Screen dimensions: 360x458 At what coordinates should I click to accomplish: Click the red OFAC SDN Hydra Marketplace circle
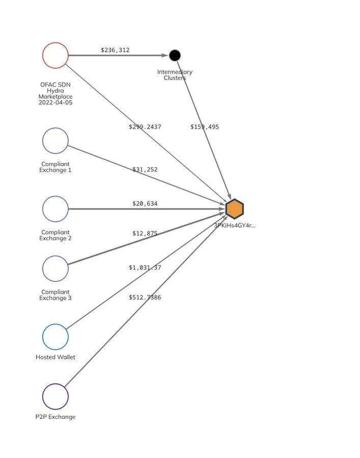(x=56, y=55)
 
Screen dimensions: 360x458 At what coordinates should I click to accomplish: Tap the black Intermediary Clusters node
(x=175, y=55)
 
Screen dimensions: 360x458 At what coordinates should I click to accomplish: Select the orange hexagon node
(x=235, y=209)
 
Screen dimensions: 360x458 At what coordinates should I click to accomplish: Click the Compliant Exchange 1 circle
(x=56, y=140)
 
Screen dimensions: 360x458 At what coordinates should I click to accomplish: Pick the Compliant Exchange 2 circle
(x=56, y=209)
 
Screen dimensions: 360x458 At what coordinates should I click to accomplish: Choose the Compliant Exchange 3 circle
(x=56, y=268)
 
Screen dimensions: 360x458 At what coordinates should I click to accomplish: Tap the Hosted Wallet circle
(x=56, y=336)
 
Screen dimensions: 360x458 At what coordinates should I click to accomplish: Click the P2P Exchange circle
(x=56, y=396)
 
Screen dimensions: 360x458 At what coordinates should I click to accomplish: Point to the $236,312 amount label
(x=115, y=50)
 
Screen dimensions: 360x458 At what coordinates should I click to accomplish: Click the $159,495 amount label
(x=205, y=127)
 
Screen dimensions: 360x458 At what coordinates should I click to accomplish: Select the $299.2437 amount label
(x=145, y=127)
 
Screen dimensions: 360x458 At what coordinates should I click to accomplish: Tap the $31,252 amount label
(x=145, y=169)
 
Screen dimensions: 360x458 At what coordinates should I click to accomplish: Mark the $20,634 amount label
(x=145, y=204)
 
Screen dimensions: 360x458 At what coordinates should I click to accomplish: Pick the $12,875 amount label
(x=145, y=234)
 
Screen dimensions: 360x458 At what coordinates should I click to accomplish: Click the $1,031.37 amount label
(x=145, y=267)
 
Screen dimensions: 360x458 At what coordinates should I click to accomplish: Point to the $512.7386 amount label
(x=145, y=297)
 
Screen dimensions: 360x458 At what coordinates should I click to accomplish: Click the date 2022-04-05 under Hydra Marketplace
(x=56, y=103)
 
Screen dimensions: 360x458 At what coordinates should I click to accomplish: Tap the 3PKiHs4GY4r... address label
(x=235, y=225)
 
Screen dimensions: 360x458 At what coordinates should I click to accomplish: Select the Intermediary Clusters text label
(x=175, y=75)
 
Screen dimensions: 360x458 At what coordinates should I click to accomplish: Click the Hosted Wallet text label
(x=56, y=357)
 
